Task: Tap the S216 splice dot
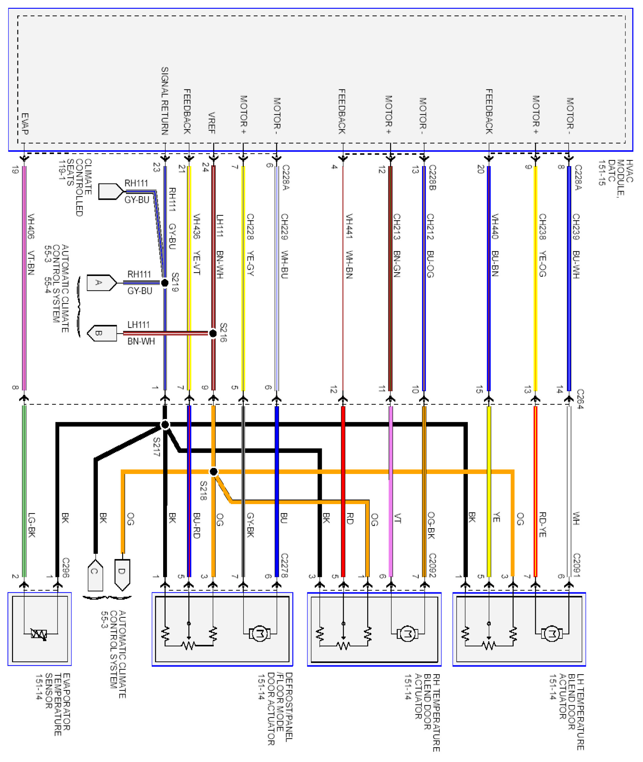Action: click(x=213, y=333)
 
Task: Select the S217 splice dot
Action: click(x=165, y=425)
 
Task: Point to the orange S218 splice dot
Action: click(x=214, y=472)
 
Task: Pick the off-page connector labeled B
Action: click(x=101, y=333)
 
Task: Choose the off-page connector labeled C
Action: click(x=95, y=575)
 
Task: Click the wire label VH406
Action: click(x=31, y=226)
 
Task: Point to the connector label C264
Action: click(x=580, y=399)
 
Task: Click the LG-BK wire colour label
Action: click(x=32, y=525)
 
